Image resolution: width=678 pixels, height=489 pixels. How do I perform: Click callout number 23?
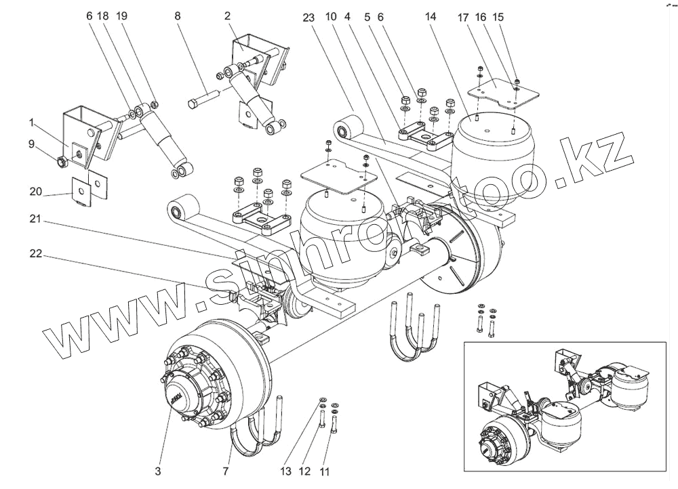pyautogui.click(x=308, y=18)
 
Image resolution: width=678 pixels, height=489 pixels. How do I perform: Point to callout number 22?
pyautogui.click(x=35, y=253)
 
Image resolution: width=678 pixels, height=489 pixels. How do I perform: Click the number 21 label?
pyautogui.click(x=35, y=218)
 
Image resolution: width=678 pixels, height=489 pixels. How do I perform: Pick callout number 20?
pyautogui.click(x=35, y=192)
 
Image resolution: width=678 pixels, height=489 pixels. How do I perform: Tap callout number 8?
pyautogui.click(x=178, y=15)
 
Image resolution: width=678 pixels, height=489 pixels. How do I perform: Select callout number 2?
pyautogui.click(x=228, y=15)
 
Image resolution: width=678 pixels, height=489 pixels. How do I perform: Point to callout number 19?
pyautogui.click(x=121, y=15)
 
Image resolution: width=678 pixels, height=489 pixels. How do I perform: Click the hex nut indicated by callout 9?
pyautogui.click(x=61, y=162)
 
